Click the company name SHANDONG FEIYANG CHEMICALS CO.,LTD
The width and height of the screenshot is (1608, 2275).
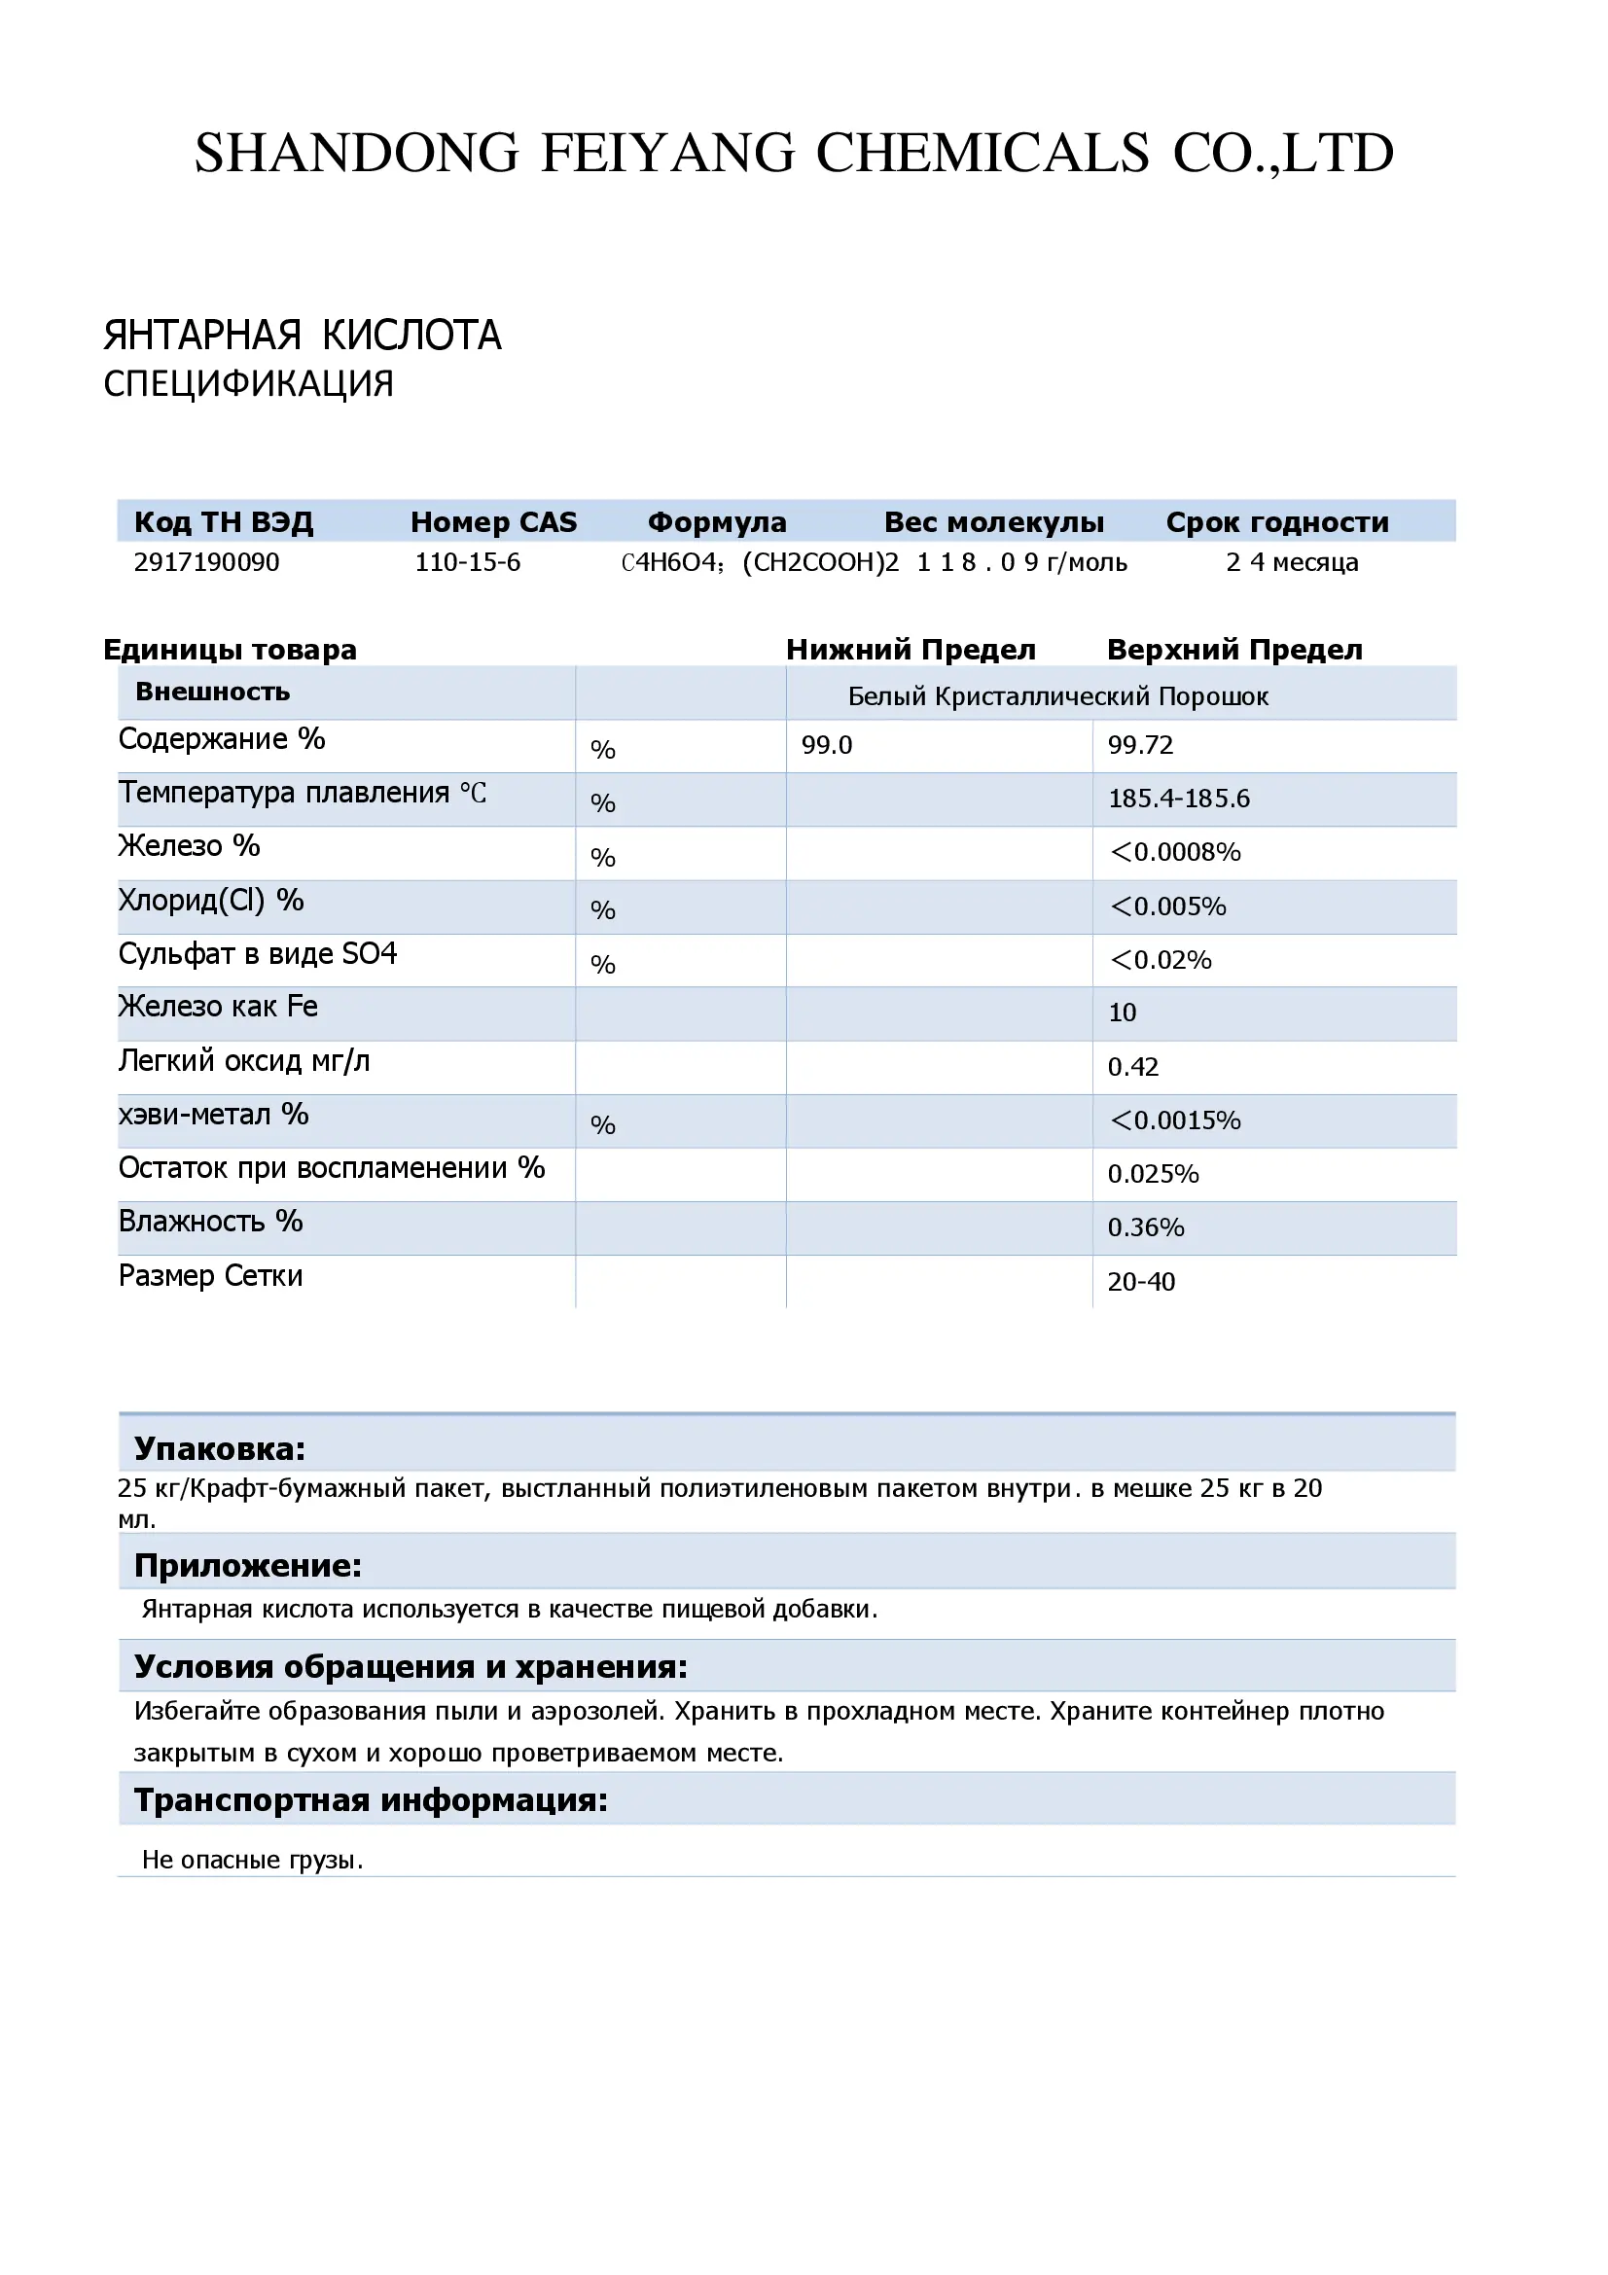tap(794, 154)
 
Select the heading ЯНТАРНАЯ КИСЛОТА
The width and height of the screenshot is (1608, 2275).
tap(303, 336)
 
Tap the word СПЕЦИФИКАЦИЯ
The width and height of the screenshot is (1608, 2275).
tap(249, 384)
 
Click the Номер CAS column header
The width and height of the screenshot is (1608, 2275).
tap(493, 522)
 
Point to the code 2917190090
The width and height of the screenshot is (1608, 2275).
tap(207, 563)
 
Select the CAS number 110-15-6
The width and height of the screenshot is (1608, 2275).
tap(468, 563)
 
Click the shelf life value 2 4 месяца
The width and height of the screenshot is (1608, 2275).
tap(1292, 563)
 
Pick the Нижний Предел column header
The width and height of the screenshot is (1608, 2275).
tap(911, 650)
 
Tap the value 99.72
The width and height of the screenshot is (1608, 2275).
tap(1140, 745)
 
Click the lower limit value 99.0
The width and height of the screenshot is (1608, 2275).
tap(827, 745)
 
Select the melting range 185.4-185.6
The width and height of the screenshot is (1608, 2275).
tap(1179, 799)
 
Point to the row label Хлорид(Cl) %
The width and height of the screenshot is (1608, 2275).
tap(211, 900)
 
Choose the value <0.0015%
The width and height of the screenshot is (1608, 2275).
tap(1175, 1120)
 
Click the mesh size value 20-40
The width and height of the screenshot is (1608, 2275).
tap(1141, 1282)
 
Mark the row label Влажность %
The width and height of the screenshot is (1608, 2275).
tap(211, 1222)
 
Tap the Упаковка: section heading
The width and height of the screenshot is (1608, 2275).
tap(220, 1448)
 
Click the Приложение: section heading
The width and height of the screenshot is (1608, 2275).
tap(248, 1566)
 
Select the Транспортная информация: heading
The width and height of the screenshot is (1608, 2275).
tap(371, 1799)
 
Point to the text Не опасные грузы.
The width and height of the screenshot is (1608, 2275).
tap(253, 1860)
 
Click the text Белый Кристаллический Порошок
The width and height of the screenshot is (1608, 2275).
tap(1058, 696)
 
